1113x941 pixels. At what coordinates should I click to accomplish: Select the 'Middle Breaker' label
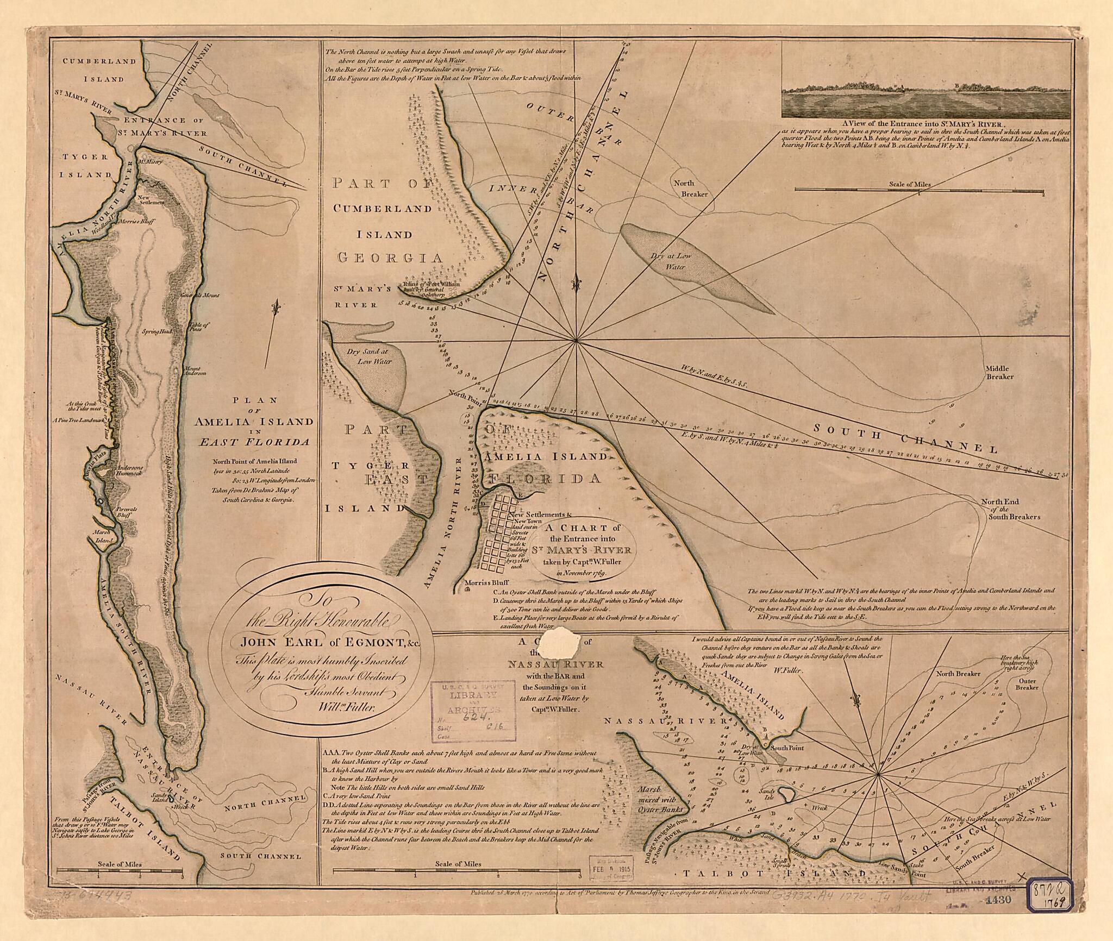point(999,372)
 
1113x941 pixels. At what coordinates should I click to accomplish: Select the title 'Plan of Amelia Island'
point(255,421)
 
